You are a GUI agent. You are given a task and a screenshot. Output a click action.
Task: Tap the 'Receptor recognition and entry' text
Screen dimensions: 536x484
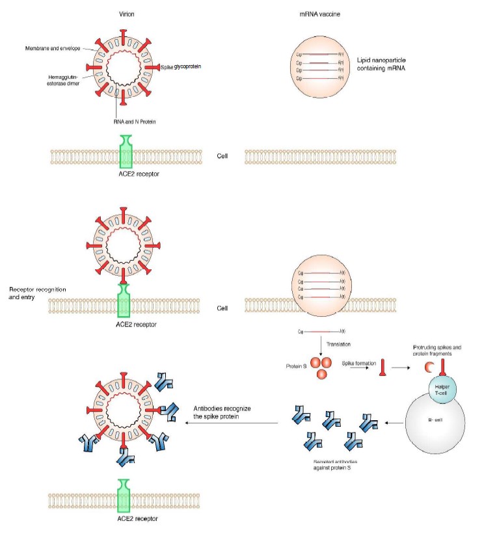pyautogui.click(x=37, y=293)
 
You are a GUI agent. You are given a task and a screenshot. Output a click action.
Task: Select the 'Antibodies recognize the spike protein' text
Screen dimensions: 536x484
pyautogui.click(x=222, y=412)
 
